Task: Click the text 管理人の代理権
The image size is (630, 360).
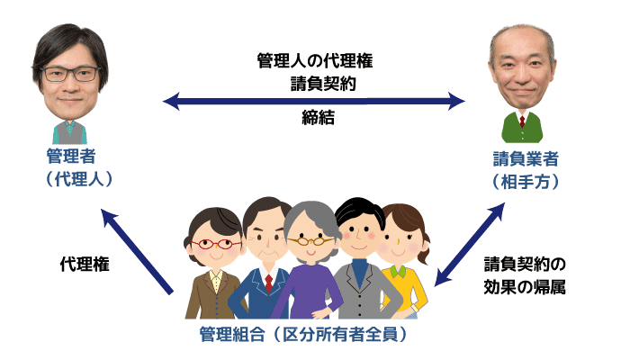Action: click(315, 61)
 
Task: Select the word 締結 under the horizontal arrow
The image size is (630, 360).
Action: click(319, 118)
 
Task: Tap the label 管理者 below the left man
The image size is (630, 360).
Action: click(71, 157)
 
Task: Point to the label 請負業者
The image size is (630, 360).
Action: click(526, 159)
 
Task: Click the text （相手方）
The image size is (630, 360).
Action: click(526, 182)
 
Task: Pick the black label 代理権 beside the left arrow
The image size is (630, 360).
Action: click(85, 265)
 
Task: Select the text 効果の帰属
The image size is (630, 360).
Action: click(525, 287)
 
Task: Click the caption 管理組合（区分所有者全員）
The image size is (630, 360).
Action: click(304, 334)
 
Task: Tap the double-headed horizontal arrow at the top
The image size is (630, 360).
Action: click(314, 101)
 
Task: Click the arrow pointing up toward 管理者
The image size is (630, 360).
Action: click(137, 251)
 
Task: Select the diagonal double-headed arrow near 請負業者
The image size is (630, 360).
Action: click(469, 244)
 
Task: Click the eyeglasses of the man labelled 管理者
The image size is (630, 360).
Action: click(71, 75)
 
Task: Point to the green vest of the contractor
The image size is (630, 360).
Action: click(522, 128)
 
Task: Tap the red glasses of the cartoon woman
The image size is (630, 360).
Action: click(216, 244)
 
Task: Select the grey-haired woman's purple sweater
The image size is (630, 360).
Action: click(307, 292)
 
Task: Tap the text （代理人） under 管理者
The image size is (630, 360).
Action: click(79, 179)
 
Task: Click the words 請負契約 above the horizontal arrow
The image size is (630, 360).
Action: click(323, 84)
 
